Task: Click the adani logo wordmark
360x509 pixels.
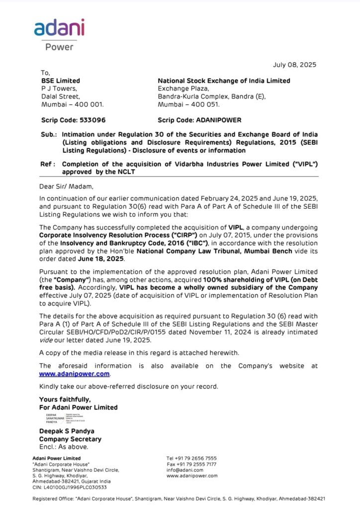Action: coord(59,28)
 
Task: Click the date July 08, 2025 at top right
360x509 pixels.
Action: coord(294,65)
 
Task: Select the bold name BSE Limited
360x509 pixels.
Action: coord(60,81)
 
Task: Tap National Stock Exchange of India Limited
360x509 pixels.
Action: coord(224,81)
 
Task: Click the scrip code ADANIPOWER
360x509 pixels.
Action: coord(221,120)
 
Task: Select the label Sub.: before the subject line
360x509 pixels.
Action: coord(49,135)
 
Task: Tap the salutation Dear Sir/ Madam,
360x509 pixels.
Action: coord(66,186)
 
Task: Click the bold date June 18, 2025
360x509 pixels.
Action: coord(97,259)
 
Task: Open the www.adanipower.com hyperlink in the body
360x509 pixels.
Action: coord(75,374)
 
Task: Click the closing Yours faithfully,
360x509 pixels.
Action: coord(65,399)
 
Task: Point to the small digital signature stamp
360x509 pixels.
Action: coord(63,418)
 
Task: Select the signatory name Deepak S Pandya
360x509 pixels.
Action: coord(67,431)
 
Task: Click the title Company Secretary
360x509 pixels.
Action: coord(70,439)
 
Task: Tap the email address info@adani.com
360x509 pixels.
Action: coord(185,470)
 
